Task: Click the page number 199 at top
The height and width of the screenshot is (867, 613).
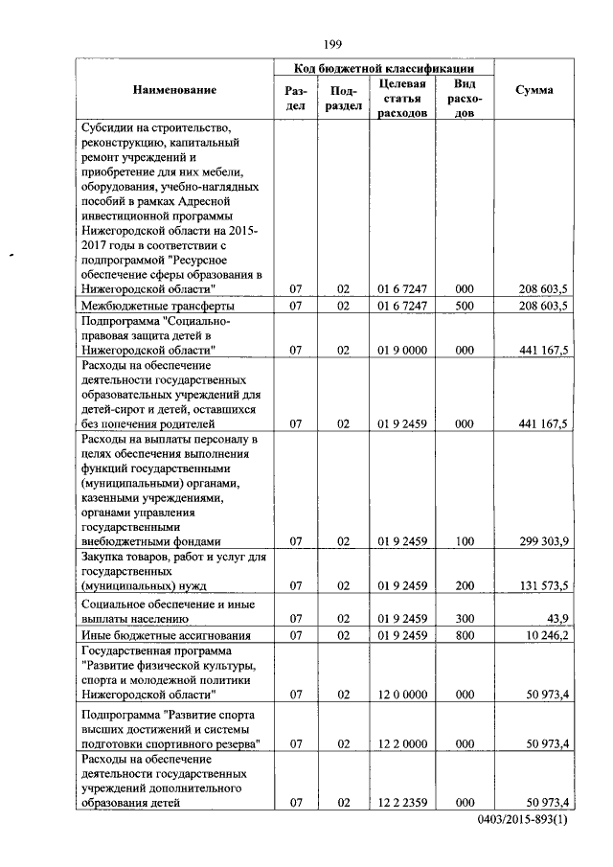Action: click(332, 43)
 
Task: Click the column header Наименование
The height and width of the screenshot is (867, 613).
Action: click(175, 90)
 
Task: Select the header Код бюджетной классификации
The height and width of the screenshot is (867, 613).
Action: click(383, 69)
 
